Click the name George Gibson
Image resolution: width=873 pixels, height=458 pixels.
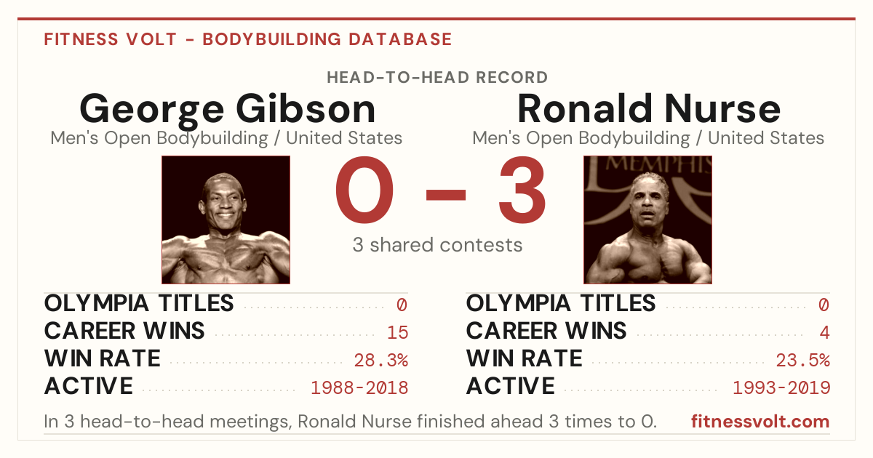click(228, 111)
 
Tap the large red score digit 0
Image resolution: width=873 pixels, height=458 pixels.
click(364, 190)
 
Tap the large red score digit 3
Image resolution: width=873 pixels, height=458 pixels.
click(522, 190)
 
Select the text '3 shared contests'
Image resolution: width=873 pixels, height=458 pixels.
click(437, 245)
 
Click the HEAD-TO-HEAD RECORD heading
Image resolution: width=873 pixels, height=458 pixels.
click(437, 78)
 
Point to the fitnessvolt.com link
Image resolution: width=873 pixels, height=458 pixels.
click(760, 422)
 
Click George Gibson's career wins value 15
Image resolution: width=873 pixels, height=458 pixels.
click(397, 333)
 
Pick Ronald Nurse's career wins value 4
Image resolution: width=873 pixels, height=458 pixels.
click(824, 333)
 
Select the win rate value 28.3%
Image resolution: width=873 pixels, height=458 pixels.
click(380, 361)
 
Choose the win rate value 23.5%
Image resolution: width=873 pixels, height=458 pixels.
click(803, 361)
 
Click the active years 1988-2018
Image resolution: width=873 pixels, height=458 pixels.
click(359, 388)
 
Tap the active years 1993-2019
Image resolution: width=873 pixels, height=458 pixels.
click(781, 388)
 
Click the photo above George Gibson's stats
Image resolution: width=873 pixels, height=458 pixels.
click(226, 220)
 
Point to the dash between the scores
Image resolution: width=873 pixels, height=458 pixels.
click(446, 194)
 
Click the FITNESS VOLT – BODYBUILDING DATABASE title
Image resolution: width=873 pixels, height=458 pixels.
click(248, 39)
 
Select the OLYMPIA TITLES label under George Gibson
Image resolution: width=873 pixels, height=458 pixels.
click(139, 303)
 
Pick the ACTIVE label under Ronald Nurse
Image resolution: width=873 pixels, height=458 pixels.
click(511, 386)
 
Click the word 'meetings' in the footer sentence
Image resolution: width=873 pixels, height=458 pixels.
click(250, 422)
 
